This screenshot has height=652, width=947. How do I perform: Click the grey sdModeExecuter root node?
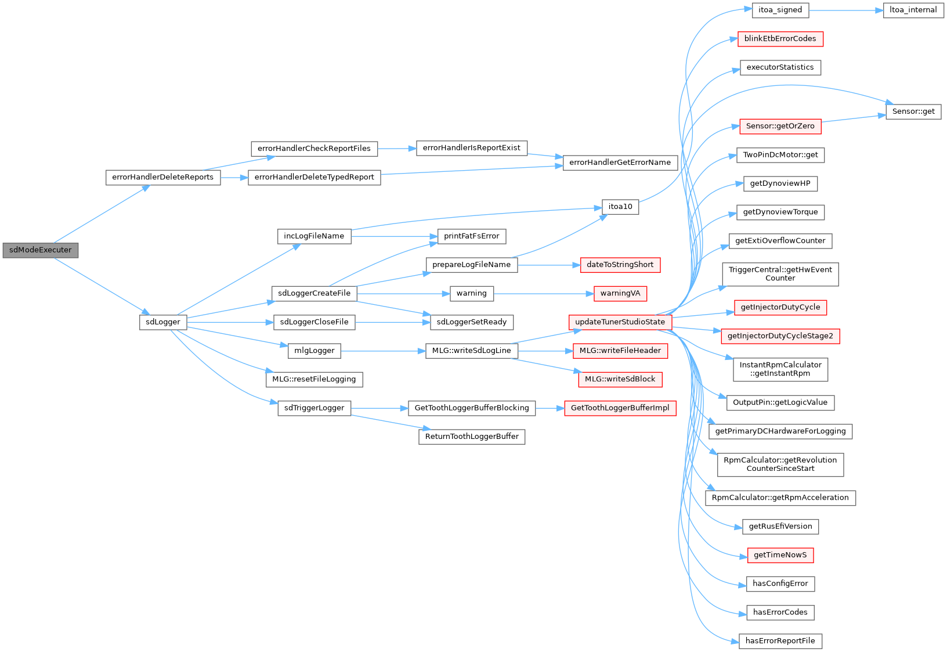point(41,250)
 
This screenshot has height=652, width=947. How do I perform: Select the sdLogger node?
point(163,322)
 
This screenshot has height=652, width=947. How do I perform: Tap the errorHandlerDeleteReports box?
point(163,177)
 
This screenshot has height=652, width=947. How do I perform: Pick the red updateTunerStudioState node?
point(620,322)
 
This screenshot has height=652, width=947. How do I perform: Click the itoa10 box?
point(620,207)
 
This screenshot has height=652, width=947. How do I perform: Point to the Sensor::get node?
point(913,111)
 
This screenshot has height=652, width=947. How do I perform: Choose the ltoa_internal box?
point(913,10)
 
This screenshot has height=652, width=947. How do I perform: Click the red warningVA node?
point(620,293)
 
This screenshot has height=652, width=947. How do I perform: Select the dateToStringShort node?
point(620,265)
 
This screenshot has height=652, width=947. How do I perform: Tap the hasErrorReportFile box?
point(780,641)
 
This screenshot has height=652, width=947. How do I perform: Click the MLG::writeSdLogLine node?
point(471,351)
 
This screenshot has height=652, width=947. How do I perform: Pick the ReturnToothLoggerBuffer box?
point(472,437)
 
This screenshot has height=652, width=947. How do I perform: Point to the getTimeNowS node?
point(780,555)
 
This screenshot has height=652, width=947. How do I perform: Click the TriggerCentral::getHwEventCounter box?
point(780,274)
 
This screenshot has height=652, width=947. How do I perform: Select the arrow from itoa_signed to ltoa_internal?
point(845,10)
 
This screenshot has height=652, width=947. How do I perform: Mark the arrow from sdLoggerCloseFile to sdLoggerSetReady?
point(392,322)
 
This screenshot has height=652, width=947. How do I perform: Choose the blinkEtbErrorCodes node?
point(780,39)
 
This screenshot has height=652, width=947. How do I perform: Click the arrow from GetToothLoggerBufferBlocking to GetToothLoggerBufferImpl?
point(550,408)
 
